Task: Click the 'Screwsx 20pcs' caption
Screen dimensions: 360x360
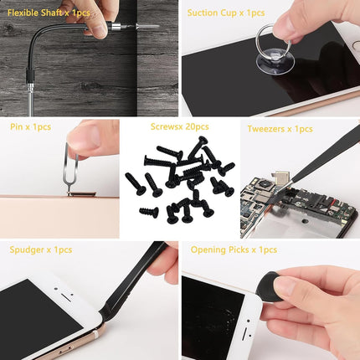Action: (x=179, y=127)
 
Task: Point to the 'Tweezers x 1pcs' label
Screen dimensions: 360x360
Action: (x=280, y=129)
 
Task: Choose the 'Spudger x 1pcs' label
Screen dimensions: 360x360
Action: (x=40, y=249)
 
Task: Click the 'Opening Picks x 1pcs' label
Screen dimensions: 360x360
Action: (x=234, y=249)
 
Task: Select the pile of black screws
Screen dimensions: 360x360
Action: (x=179, y=180)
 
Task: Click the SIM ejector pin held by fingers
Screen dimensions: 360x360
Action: (x=75, y=172)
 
